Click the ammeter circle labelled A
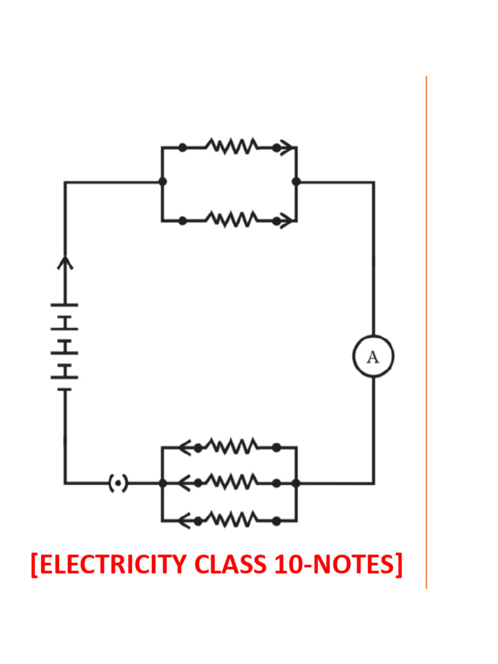pos(373,357)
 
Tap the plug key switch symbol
pos(117,483)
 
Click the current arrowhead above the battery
pos(65,262)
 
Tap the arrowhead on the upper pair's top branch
pos(286,148)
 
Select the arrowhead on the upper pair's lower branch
pos(286,221)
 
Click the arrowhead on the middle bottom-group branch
pos(184,482)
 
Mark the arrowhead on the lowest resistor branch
pos(184,519)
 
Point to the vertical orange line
pos(426,324)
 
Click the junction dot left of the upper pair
pos(162,182)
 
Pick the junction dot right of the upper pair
pos(296,182)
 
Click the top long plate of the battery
pos(65,304)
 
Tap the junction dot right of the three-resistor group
pos(296,483)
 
